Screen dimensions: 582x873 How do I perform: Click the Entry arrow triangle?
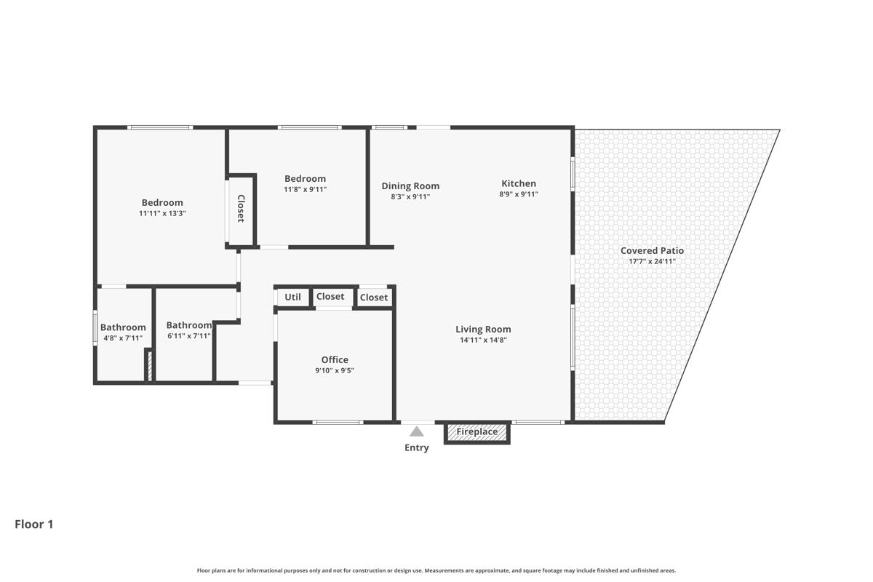(416, 431)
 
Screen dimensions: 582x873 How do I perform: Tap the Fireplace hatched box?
(477, 432)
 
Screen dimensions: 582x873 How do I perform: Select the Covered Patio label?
(652, 250)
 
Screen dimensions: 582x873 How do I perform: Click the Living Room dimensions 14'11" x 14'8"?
(483, 340)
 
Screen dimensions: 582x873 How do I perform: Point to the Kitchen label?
(519, 183)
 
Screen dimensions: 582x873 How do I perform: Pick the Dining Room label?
(410, 186)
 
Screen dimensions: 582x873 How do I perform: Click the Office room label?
(335, 359)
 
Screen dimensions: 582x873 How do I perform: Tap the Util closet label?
(292, 297)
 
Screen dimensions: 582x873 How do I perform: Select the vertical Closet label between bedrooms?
(241, 209)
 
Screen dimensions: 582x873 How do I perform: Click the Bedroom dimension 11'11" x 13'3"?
(162, 213)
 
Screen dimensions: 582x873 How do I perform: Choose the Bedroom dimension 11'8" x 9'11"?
(305, 189)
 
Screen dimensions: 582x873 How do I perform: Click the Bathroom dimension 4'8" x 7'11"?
(123, 338)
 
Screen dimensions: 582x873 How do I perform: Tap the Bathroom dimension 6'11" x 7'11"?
(189, 335)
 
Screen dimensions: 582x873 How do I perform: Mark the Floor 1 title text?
(34, 524)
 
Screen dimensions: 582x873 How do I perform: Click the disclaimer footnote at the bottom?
(436, 570)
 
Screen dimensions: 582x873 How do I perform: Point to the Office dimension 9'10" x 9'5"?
(335, 370)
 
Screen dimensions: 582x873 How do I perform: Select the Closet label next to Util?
(330, 296)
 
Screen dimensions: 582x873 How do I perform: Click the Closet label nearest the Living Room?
(374, 297)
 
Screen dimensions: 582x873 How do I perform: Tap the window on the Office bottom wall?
(338, 422)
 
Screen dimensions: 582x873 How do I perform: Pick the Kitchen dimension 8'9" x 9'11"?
(519, 194)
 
